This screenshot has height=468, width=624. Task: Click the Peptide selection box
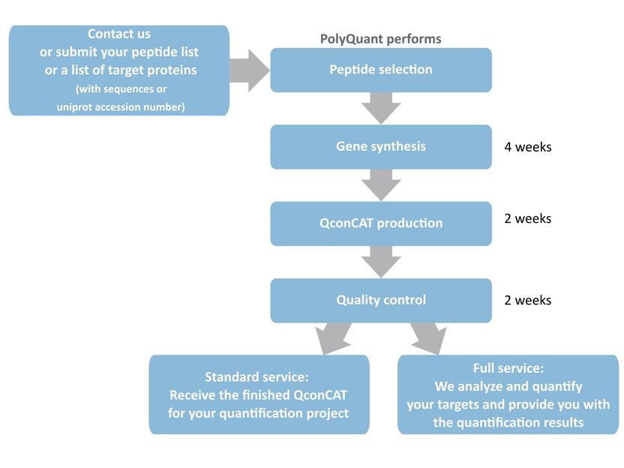click(x=381, y=70)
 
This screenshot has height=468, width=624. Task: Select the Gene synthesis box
click(x=381, y=147)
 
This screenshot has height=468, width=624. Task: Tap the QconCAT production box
click(x=381, y=223)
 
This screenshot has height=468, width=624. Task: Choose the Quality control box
click(x=381, y=301)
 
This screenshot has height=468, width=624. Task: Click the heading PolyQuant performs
click(x=380, y=39)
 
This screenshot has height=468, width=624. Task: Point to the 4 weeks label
click(x=528, y=147)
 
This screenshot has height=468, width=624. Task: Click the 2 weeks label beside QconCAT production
click(x=528, y=218)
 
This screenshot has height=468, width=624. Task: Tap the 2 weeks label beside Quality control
click(x=528, y=300)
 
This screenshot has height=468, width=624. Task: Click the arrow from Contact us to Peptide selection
click(x=250, y=70)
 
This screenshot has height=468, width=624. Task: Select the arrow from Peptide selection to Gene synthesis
click(x=381, y=108)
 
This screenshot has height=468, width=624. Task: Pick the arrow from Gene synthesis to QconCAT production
click(x=381, y=184)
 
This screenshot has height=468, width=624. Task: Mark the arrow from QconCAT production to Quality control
click(x=381, y=262)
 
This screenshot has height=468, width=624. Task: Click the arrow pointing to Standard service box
click(x=334, y=337)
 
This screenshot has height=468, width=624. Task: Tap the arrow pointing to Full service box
click(x=429, y=337)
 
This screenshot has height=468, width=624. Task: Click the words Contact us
click(x=119, y=34)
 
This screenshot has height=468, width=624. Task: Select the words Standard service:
click(x=256, y=376)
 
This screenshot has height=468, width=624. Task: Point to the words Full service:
click(x=508, y=368)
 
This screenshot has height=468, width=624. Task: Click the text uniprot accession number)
click(x=121, y=107)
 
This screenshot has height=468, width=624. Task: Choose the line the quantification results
click(x=508, y=422)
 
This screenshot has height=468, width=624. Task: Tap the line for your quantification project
click(x=258, y=413)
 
